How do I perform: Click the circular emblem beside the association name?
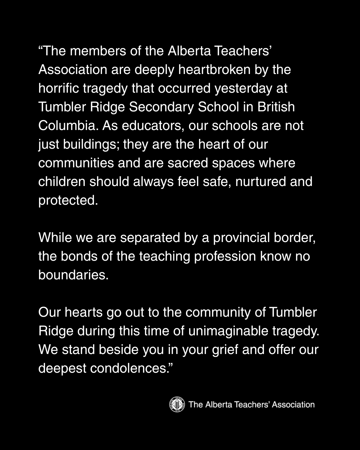(x=177, y=404)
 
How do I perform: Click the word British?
(x=276, y=107)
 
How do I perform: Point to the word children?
(x=62, y=182)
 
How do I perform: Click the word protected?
(x=68, y=200)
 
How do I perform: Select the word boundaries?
(x=73, y=275)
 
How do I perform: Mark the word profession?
(x=225, y=256)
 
